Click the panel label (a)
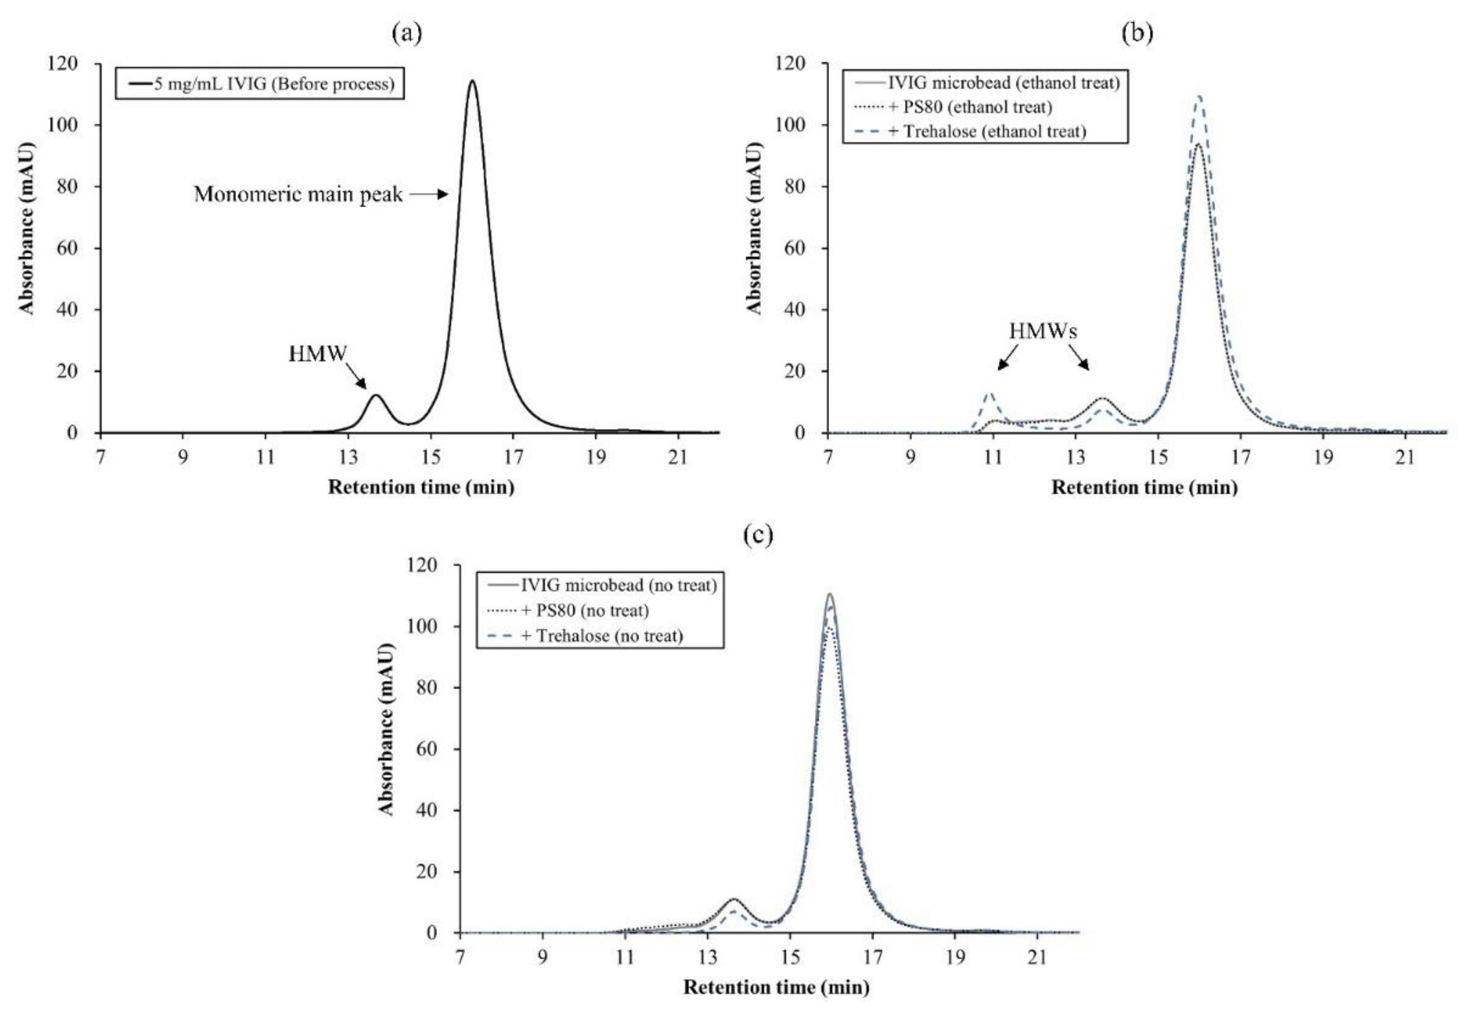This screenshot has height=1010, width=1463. coord(406,33)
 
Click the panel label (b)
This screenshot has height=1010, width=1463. coord(1137,33)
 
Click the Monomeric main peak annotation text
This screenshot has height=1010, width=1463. coord(297,194)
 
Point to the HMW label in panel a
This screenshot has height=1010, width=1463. coord(317,355)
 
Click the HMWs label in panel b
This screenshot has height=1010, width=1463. coord(1043,331)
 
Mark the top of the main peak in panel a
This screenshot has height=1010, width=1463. coord(472,80)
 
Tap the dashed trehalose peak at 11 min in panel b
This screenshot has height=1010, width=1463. coord(989,393)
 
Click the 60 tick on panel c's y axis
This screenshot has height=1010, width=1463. coord(426,749)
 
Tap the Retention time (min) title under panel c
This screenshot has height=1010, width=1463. coord(776,987)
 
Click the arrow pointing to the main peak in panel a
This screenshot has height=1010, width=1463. coord(429,194)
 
